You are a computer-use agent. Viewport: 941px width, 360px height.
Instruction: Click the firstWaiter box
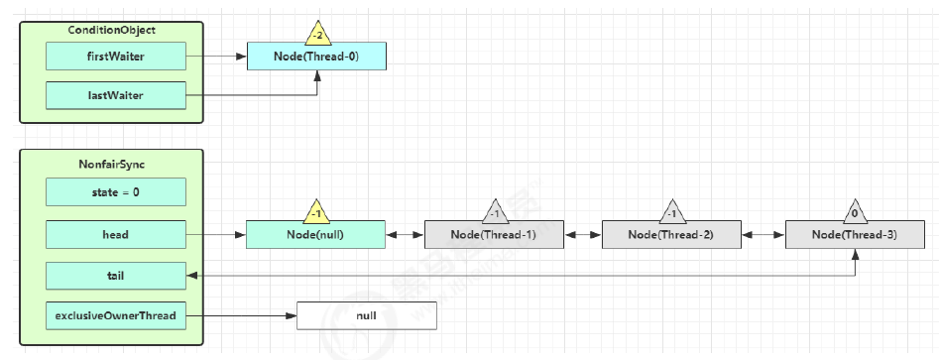[x=116, y=57]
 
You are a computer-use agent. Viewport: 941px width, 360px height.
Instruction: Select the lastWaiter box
[x=116, y=96]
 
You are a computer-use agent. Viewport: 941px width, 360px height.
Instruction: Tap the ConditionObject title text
[x=111, y=31]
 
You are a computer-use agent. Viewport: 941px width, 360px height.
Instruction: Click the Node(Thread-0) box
[x=316, y=57]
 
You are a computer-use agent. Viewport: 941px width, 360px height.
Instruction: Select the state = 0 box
[x=116, y=191]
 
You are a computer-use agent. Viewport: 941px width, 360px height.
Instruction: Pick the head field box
[x=116, y=235]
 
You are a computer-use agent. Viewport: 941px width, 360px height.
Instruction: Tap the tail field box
[x=116, y=276]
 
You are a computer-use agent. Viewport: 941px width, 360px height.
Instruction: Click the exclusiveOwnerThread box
[x=116, y=315]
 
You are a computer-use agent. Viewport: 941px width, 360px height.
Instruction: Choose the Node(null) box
[x=314, y=235]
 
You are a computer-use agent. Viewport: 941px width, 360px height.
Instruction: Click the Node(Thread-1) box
[x=494, y=235]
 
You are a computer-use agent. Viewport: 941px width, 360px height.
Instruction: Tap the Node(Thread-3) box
[x=854, y=235]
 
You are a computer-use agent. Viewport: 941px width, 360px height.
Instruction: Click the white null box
[x=367, y=316]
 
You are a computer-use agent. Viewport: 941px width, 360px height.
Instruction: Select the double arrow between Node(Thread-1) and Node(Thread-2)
[x=583, y=236]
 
